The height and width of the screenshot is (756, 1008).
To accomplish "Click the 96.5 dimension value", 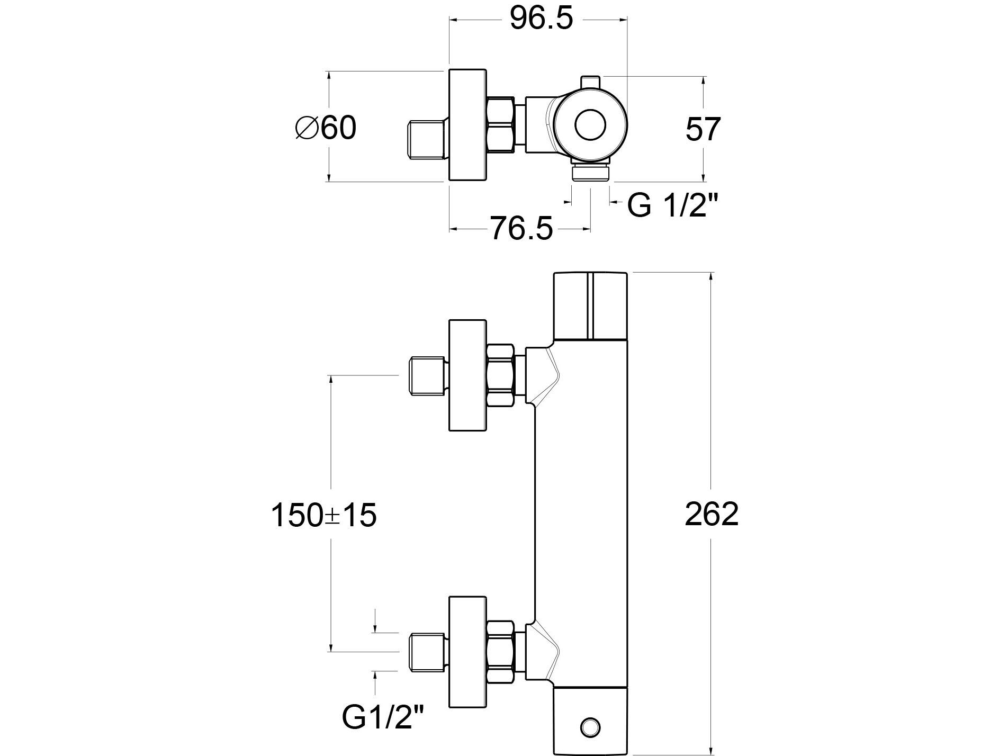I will tap(541, 20).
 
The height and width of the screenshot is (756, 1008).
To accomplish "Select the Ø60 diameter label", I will tap(326, 128).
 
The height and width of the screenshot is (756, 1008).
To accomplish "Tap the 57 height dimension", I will tap(703, 129).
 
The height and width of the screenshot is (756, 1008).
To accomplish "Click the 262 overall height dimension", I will tap(711, 514).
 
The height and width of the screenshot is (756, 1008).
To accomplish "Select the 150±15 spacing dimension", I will tap(324, 515).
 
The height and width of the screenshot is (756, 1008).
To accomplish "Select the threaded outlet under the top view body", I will tap(591, 173).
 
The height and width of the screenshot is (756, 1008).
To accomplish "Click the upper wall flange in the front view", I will tap(467, 375).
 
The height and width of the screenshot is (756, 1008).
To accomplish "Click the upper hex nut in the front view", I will tap(501, 375).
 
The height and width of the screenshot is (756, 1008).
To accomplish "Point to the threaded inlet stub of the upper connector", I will tap(427, 376).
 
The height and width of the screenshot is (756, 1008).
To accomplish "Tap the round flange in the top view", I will tap(467, 125).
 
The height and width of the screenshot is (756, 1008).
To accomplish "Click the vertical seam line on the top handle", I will tap(589, 305).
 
